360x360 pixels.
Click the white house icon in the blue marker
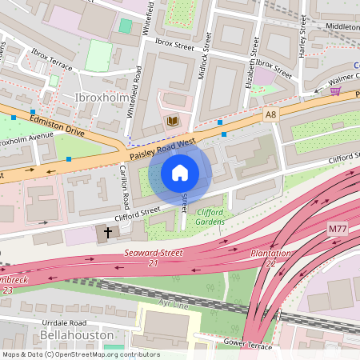(180, 172)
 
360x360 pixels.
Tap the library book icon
(172, 122)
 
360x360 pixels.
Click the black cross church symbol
(109, 234)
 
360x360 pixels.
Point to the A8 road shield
(270, 115)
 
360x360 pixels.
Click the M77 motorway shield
(338, 230)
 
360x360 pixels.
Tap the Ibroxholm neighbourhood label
(100, 98)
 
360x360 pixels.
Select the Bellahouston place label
(72, 334)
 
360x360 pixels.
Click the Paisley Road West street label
(163, 144)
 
